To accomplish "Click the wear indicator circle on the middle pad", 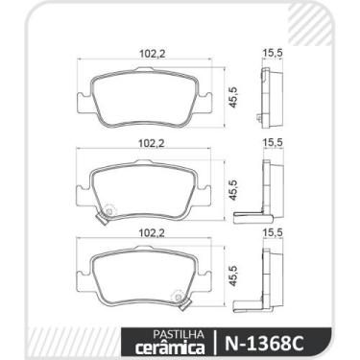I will [x=108, y=209].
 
